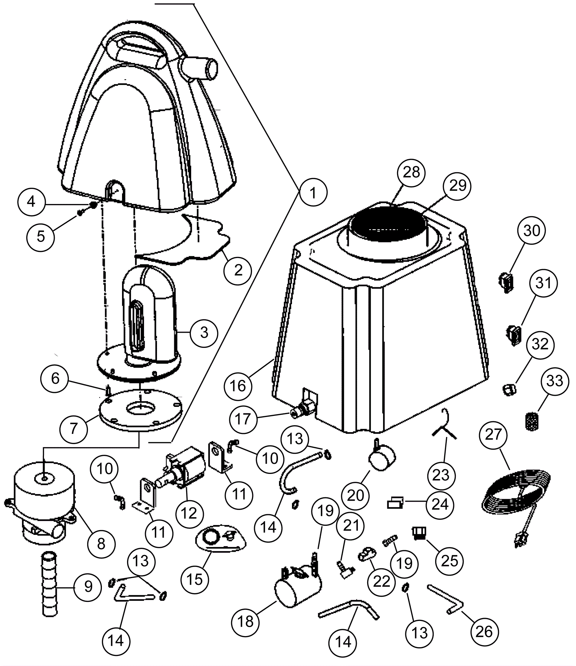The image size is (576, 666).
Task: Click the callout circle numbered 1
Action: (313, 193)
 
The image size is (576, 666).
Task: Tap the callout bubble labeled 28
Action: (411, 172)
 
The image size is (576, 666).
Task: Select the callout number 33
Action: (555, 381)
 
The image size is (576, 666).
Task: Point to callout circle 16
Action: (237, 386)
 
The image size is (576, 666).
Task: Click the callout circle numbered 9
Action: (88, 587)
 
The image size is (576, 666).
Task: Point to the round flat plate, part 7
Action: (140, 411)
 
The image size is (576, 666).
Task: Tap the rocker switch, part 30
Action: (507, 281)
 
